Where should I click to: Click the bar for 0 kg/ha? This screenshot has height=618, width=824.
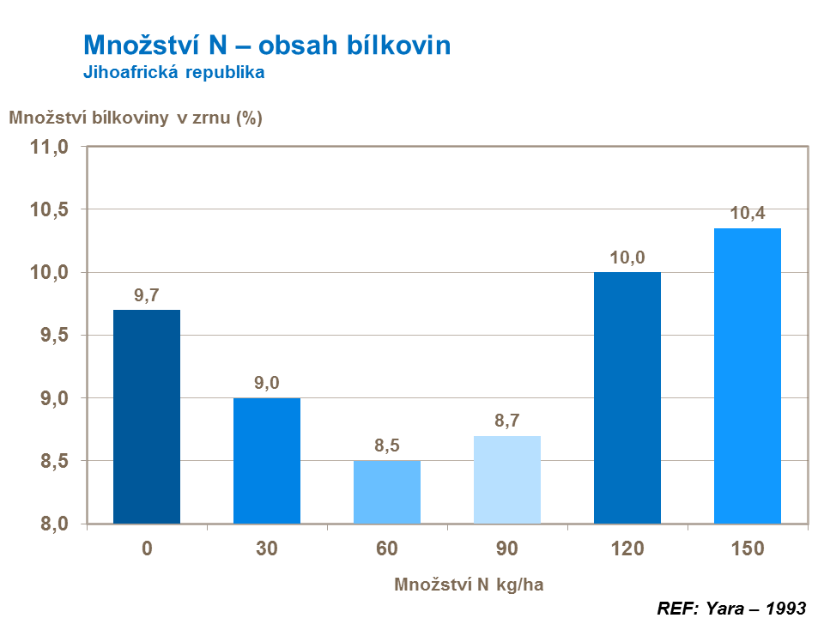pyautogui.click(x=147, y=416)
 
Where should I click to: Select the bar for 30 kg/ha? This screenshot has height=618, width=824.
pyautogui.click(x=267, y=461)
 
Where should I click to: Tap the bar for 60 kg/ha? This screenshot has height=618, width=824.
pyautogui.click(x=387, y=492)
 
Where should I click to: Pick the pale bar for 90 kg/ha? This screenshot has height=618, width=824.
pyautogui.click(x=507, y=480)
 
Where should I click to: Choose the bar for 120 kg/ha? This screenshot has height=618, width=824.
pyautogui.click(x=627, y=397)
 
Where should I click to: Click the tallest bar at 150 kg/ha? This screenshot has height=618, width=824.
pyautogui.click(x=748, y=375)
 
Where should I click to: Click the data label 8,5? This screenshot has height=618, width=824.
pyautogui.click(x=387, y=446)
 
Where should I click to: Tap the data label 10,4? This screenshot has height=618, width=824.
pyautogui.click(x=748, y=214)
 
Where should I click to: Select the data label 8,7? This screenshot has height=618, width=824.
pyautogui.click(x=507, y=421)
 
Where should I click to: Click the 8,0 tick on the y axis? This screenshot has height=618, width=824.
pyautogui.click(x=53, y=524)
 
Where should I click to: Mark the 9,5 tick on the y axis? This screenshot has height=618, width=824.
pyautogui.click(x=53, y=336)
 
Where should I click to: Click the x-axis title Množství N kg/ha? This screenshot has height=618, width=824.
pyautogui.click(x=470, y=585)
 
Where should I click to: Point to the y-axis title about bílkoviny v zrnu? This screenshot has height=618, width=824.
pyautogui.click(x=136, y=118)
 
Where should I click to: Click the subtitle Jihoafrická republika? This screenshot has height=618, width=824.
pyautogui.click(x=173, y=73)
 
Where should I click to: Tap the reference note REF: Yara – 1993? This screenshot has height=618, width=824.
pyautogui.click(x=731, y=608)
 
